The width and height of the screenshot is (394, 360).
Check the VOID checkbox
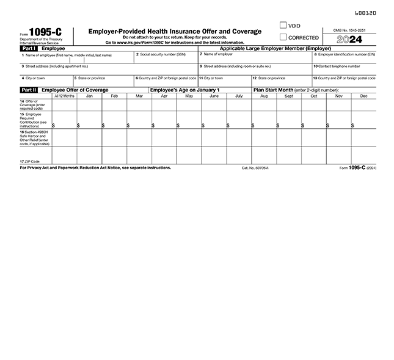click(x=283, y=26)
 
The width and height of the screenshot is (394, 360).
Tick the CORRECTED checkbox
click(x=283, y=37)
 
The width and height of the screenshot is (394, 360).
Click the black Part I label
click(x=28, y=48)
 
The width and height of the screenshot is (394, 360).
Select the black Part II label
click(x=28, y=90)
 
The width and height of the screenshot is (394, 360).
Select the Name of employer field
click(x=254, y=59)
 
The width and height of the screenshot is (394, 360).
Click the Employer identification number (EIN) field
click(x=343, y=59)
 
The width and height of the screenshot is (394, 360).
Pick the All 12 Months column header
click(x=64, y=96)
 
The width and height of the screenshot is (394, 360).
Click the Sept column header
click(x=289, y=96)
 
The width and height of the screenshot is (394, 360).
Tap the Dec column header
click(x=363, y=96)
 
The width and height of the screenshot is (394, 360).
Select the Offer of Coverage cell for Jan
click(x=89, y=104)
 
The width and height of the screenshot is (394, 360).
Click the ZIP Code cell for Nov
click(x=338, y=156)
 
